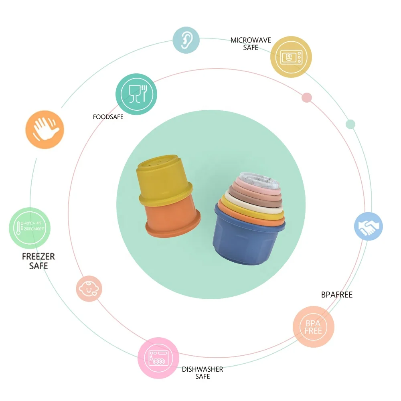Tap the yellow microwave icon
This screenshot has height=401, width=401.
291,57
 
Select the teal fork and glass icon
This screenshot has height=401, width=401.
136,94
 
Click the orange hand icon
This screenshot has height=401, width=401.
45,130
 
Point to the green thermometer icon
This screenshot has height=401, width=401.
30,228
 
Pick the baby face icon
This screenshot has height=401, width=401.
89,288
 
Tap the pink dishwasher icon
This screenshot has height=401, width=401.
158,358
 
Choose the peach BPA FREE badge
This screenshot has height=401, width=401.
313,327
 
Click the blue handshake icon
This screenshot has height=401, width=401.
368,226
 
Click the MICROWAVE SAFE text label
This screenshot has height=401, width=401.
251,44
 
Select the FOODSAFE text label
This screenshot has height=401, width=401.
108,117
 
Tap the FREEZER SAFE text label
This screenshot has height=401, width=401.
38,261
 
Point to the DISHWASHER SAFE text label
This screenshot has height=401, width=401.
203,373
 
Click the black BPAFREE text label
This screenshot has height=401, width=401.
337,295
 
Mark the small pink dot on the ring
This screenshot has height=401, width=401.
307,97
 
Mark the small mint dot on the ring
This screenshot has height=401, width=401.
350,124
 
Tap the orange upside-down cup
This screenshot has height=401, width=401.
172,217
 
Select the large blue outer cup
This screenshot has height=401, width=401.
249,241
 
